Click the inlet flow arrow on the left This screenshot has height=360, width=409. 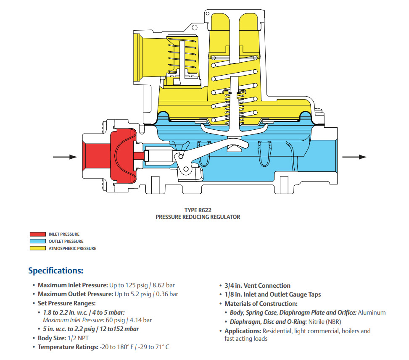(x=65, y=157)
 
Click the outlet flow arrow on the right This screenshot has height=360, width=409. (x=355, y=157)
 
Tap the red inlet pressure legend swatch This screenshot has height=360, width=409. (x=37, y=234)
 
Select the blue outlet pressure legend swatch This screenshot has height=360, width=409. (x=37, y=241)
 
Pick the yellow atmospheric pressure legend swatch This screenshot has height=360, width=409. (x=37, y=248)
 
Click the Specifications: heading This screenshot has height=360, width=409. (x=55, y=271)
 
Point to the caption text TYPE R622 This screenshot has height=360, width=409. (x=198, y=210)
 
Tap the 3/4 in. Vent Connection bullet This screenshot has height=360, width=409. (x=257, y=285)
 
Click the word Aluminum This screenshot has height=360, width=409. (x=372, y=313)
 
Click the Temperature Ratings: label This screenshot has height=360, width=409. (x=68, y=347)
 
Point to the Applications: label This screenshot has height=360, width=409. (x=243, y=331)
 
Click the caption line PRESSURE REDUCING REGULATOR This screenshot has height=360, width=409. (x=198, y=217)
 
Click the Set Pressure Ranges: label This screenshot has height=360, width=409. (x=67, y=303)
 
